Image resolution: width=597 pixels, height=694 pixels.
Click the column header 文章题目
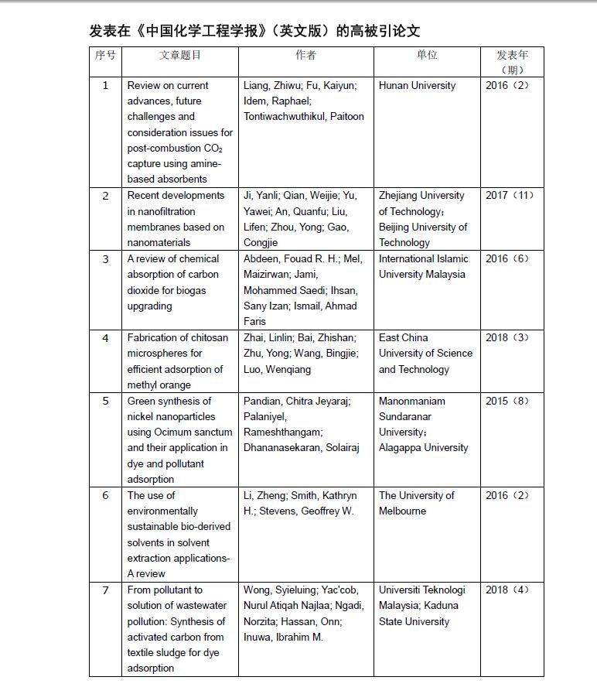coord(179,55)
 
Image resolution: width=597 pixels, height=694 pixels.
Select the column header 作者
coord(305,55)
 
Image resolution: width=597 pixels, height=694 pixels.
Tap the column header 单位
coord(427,55)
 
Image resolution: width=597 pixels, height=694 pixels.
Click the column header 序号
coord(105,55)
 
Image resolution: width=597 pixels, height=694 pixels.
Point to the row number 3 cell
coord(105,259)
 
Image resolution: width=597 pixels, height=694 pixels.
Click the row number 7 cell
coord(105,590)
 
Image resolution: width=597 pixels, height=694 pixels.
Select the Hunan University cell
coord(417,86)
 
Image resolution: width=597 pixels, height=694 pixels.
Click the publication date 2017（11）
coord(509,196)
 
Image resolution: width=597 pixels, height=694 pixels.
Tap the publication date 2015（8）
coord(507,402)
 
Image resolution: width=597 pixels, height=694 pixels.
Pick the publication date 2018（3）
coord(507,338)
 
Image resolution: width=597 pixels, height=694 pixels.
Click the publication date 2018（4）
coord(507,590)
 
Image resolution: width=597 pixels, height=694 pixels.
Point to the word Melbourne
coord(402,511)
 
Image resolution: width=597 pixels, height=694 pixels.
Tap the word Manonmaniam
coord(412,402)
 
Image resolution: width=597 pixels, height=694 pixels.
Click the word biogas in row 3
coord(190,290)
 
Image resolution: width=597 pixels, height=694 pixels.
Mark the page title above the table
coord(254,31)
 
